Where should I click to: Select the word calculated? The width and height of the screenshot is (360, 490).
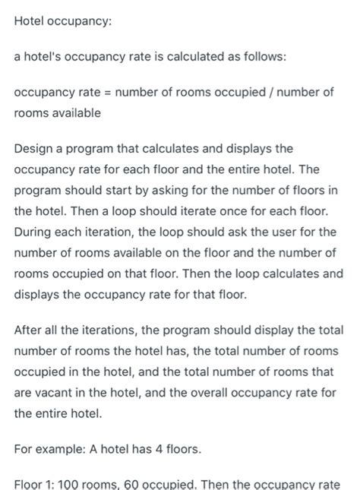tap(183, 56)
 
